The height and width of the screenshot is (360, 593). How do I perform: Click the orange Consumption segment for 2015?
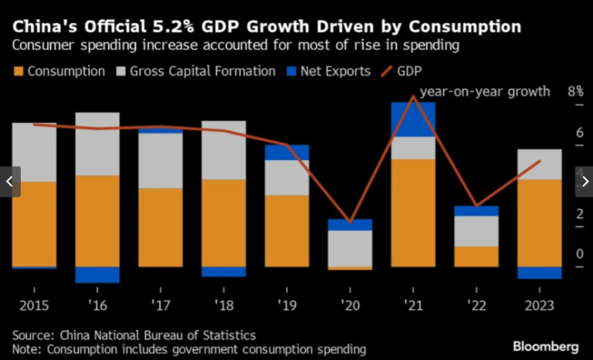(34, 224)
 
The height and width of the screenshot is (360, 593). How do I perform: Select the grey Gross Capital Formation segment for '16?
(97, 144)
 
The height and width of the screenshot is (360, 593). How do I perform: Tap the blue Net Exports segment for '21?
(413, 119)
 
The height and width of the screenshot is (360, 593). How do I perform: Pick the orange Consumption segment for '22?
(476, 256)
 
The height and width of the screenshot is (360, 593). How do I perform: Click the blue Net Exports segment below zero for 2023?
(539, 273)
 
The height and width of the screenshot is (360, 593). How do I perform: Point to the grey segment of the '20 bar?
(350, 248)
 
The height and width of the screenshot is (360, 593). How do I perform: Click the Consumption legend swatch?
(19, 71)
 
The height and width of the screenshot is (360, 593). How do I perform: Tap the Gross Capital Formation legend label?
(203, 71)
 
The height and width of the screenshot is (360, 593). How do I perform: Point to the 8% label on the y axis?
(575, 91)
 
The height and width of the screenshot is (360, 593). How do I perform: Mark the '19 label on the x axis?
(286, 306)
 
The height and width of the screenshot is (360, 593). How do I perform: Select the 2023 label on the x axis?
(539, 306)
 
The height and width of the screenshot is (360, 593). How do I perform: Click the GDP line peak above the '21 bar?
(414, 97)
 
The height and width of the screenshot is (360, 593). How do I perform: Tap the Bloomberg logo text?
(542, 345)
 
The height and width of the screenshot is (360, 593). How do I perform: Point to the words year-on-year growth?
(484, 91)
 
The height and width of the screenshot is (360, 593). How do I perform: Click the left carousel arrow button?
(9, 182)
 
